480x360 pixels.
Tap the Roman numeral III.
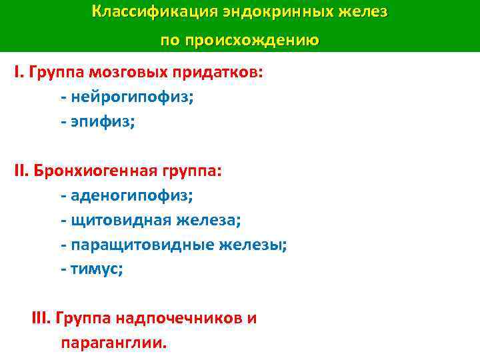pos(41,318)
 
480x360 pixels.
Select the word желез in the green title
pos(366,13)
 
